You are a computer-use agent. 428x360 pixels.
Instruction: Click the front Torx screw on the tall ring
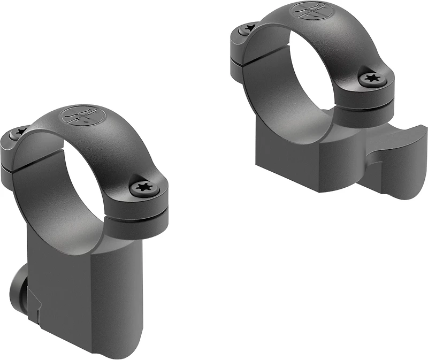[144, 188]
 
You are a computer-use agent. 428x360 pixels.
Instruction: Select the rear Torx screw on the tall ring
[21, 131]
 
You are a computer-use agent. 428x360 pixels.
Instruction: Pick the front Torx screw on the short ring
[371, 79]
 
